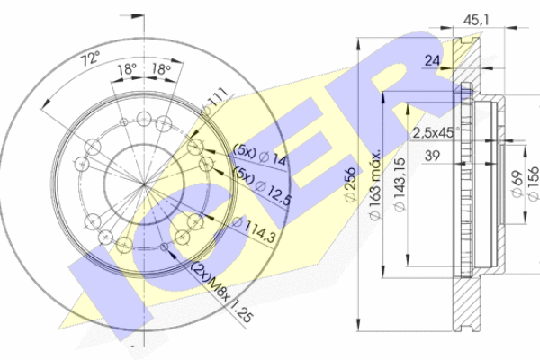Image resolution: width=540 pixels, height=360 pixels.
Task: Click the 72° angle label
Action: [90, 58]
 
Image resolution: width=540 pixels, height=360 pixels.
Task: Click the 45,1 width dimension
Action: [476, 21]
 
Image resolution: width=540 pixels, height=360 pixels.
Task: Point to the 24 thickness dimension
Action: [432, 60]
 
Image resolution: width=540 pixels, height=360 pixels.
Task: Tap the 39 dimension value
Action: [432, 156]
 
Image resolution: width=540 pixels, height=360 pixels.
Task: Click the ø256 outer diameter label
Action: [350, 184]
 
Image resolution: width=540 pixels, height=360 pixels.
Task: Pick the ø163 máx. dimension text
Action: [375, 185]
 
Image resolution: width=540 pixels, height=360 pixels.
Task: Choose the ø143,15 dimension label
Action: [400, 185]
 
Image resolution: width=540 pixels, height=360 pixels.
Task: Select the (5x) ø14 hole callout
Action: [260, 155]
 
